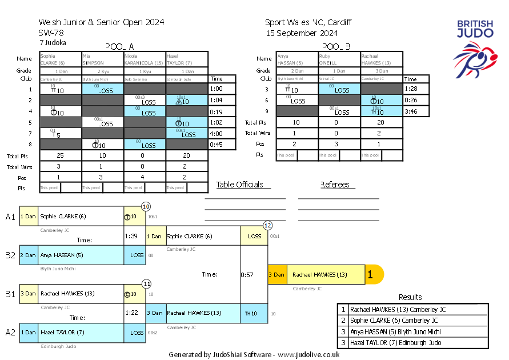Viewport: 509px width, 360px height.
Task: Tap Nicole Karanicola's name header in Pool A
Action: (x=145, y=59)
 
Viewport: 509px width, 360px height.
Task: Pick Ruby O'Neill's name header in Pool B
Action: (x=339, y=59)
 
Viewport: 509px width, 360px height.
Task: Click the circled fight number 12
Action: (x=267, y=225)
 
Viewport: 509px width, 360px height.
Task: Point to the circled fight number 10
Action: (x=146, y=206)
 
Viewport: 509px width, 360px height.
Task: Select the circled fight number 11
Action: (x=147, y=283)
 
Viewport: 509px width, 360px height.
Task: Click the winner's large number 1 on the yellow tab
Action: (x=370, y=275)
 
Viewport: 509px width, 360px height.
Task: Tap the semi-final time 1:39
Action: (x=131, y=235)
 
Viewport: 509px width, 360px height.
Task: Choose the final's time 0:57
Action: (x=246, y=275)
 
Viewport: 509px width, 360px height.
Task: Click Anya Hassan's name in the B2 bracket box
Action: (x=61, y=255)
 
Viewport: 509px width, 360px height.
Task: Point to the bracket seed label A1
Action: (x=10, y=217)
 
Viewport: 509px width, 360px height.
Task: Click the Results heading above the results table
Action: (x=410, y=297)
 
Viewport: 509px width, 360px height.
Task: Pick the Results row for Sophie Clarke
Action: (x=394, y=321)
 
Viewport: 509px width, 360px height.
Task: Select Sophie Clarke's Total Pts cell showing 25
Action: (x=60, y=155)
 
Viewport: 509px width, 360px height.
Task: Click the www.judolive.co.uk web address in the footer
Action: (x=310, y=354)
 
